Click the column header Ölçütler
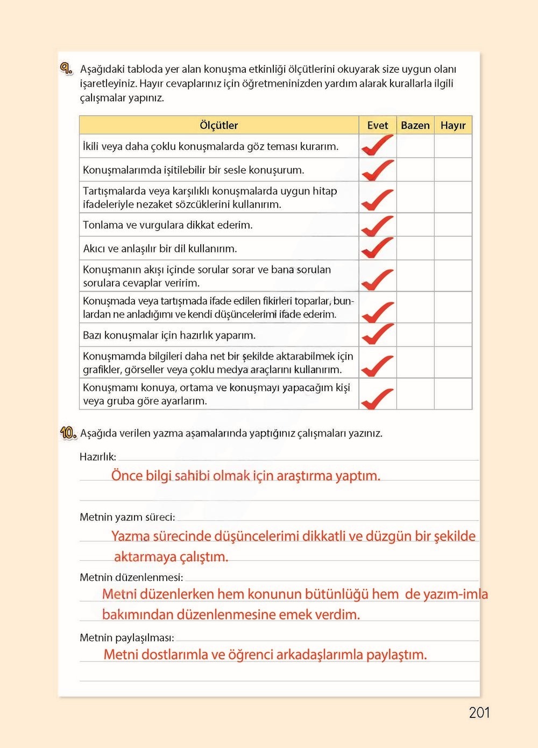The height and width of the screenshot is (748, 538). click(218, 125)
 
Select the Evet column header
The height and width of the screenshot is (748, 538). click(377, 125)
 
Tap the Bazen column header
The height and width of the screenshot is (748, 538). click(415, 125)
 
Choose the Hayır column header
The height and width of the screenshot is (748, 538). click(452, 125)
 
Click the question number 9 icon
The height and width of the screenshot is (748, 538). click(66, 69)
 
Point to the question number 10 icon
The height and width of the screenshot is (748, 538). click(68, 433)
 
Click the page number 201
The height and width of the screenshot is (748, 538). click(479, 712)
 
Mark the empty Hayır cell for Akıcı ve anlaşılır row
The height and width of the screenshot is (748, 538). click(452, 249)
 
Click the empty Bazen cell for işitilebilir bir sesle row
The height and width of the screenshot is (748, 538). click(415, 170)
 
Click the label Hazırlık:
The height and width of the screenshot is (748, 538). click(97, 457)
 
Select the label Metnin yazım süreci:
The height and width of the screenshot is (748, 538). click(127, 517)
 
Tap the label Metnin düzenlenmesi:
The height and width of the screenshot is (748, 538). click(131, 577)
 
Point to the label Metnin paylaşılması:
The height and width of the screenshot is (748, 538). click(127, 638)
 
